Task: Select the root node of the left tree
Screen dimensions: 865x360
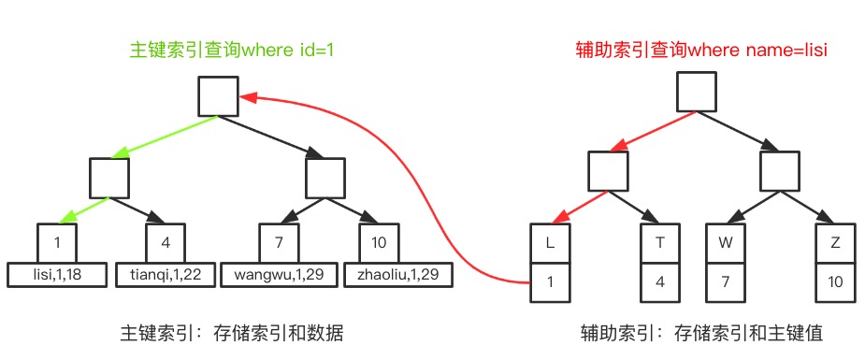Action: coord(219,96)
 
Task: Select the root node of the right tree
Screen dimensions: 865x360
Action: coord(697,92)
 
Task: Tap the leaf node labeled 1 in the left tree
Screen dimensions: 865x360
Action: coord(57,243)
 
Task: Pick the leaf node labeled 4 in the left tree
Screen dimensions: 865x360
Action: coord(165,243)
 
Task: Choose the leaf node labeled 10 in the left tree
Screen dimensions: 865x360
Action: coord(379,243)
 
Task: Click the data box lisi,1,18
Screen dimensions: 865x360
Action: coord(57,274)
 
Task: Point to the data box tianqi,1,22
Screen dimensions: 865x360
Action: coord(166,274)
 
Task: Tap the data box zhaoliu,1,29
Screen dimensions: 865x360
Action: coord(398,274)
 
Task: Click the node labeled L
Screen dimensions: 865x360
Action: coord(550,243)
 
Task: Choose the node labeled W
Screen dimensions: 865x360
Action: coord(726,243)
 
